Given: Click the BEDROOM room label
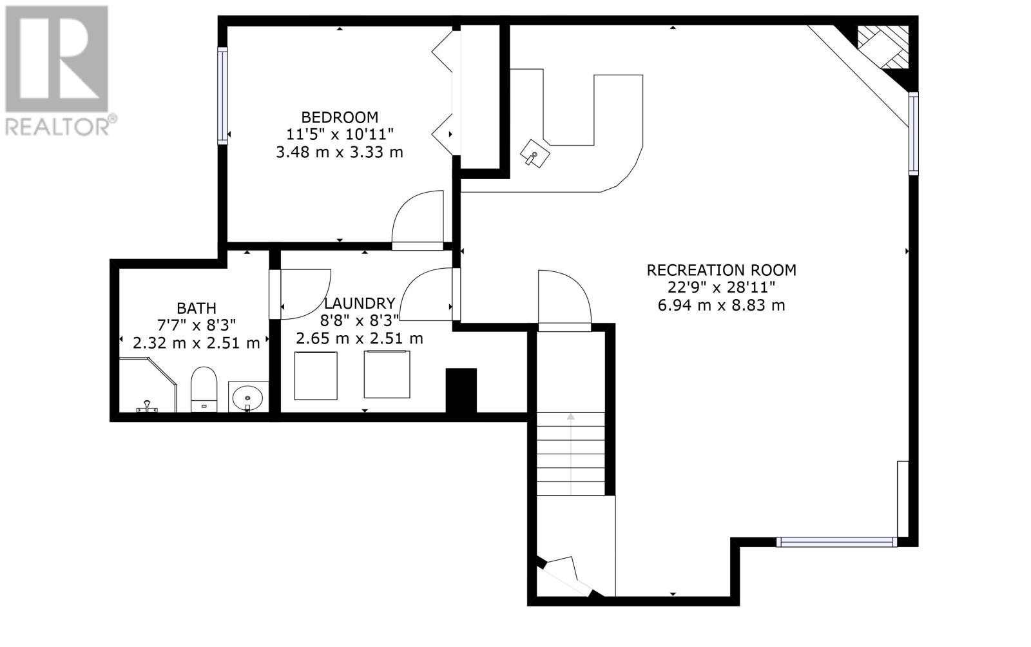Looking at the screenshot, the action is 340,117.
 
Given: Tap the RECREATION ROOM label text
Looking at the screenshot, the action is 721,270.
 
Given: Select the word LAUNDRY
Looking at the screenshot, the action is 360,304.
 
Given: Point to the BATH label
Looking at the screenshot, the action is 197,308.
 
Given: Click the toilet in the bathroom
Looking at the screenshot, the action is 204,389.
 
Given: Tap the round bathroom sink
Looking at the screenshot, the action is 247,397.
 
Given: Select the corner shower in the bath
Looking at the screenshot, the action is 148,385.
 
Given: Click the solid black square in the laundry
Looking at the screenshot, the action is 461,391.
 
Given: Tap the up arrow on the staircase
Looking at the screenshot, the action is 571,454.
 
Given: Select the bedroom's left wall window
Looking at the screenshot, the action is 222,96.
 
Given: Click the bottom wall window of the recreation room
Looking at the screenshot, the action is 837,542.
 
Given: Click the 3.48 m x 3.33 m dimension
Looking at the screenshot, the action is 340,152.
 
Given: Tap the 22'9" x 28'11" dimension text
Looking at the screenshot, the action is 721,287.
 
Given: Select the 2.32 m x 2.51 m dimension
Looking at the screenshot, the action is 197,343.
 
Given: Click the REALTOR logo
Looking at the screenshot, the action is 61,72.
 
